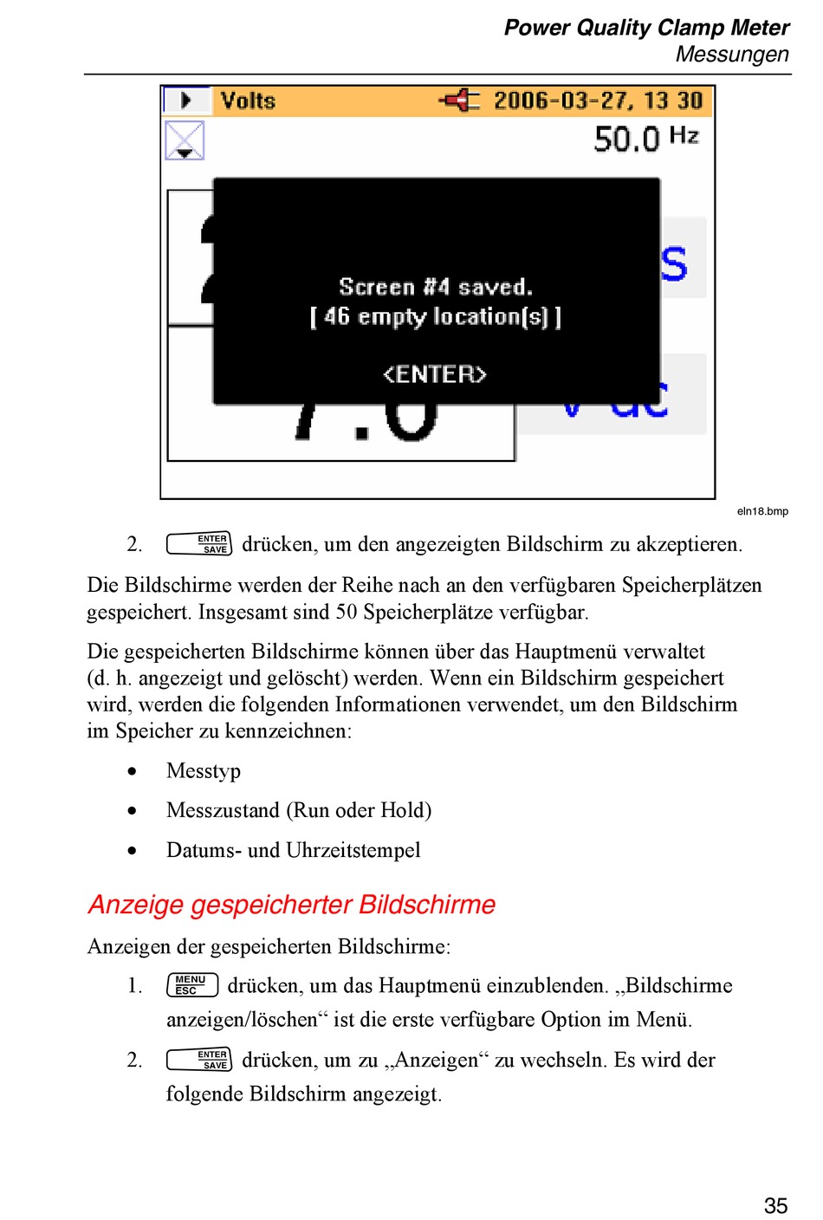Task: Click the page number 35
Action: tap(775, 1205)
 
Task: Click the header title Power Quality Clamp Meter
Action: tap(646, 28)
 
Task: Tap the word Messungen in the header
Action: tap(732, 55)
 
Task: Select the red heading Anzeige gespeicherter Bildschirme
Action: tap(292, 905)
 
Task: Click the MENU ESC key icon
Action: tap(191, 985)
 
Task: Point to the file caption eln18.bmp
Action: tap(762, 511)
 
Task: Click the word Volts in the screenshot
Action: tap(248, 101)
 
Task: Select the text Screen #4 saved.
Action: tap(435, 287)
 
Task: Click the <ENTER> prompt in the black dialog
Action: tap(435, 374)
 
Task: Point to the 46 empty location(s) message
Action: tap(435, 317)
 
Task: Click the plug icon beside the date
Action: tap(459, 101)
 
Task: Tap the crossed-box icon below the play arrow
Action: tap(185, 140)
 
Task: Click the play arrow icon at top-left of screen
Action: tap(185, 101)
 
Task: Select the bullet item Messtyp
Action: tap(204, 771)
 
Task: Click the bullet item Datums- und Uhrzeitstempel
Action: tap(293, 850)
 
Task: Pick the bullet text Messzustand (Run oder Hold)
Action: tap(299, 810)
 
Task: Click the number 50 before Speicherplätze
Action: tap(347, 613)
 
